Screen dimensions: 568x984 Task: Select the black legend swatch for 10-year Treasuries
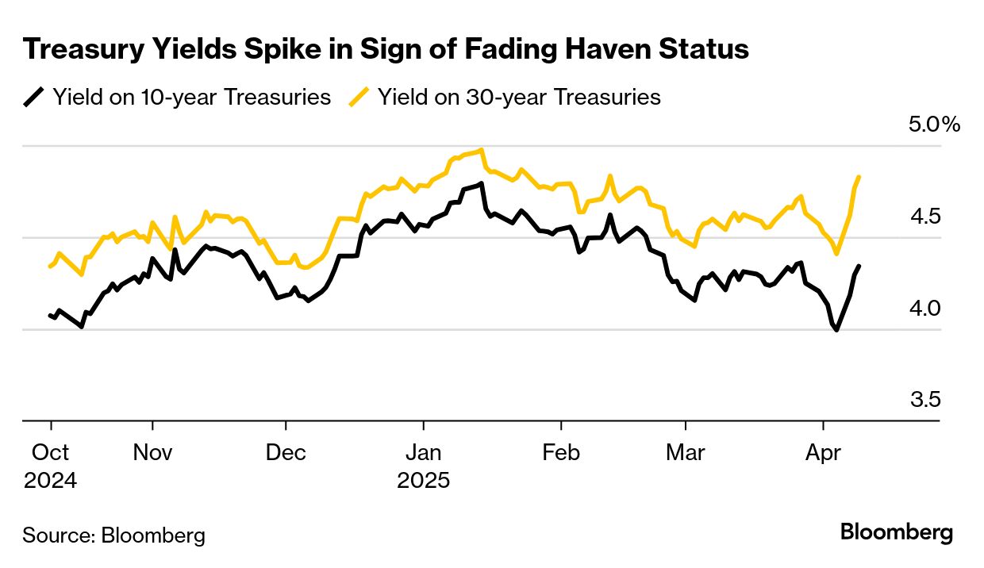34,98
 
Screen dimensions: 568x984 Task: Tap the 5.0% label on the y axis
934,125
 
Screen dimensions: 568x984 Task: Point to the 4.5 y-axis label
924,217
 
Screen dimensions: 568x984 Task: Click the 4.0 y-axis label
924,308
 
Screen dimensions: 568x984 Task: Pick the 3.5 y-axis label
924,399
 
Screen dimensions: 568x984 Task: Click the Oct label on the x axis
51,453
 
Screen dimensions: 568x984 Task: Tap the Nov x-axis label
152,453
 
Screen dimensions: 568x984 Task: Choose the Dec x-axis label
286,453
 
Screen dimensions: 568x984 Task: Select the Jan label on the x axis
423,453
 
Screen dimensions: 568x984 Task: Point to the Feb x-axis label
561,453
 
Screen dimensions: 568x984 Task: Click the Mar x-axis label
685,453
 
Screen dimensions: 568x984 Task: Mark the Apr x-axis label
822,453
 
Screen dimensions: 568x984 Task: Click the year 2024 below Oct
51,481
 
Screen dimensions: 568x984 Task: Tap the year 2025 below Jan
423,481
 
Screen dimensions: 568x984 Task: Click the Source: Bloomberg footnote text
113,535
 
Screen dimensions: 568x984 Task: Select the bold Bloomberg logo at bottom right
897,532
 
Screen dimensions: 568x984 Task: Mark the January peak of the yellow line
482,149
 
